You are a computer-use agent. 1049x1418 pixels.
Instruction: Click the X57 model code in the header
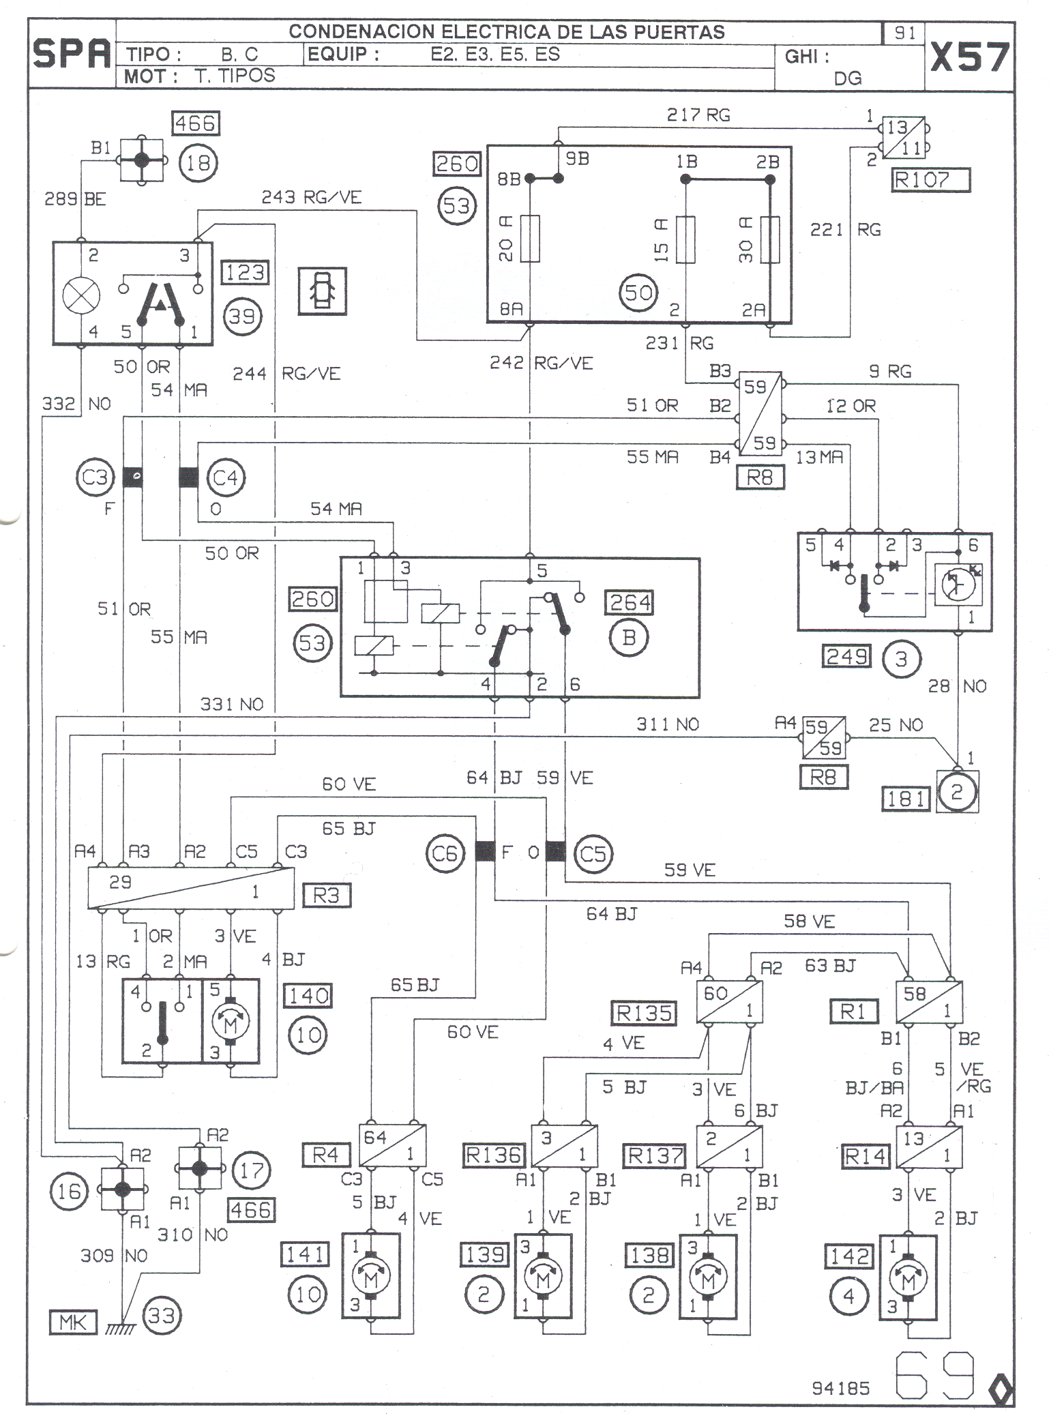click(x=969, y=57)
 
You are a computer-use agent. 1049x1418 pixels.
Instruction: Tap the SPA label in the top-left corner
click(x=72, y=55)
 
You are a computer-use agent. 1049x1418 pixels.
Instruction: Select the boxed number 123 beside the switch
click(x=245, y=273)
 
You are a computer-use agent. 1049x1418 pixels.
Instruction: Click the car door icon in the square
click(x=322, y=291)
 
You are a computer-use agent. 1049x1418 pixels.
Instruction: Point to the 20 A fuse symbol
click(x=531, y=239)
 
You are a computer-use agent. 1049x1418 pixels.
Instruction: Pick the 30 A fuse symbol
click(x=770, y=239)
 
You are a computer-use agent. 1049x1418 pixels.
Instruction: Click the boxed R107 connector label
click(x=931, y=181)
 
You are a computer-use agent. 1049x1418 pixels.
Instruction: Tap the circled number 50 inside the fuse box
click(x=638, y=293)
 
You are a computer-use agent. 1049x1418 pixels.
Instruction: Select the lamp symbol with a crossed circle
click(x=81, y=296)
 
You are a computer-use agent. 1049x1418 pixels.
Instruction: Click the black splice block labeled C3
click(x=132, y=477)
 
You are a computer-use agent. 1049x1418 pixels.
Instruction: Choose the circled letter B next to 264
click(x=629, y=637)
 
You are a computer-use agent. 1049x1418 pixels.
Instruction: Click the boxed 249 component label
click(x=846, y=657)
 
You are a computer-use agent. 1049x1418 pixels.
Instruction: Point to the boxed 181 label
click(x=906, y=798)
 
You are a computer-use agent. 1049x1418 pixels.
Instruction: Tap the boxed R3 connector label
click(x=326, y=895)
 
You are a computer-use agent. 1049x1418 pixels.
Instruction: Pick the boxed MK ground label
click(x=73, y=1322)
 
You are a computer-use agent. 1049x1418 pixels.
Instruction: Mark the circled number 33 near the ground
click(x=162, y=1315)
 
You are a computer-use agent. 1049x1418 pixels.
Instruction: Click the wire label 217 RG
click(x=698, y=115)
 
